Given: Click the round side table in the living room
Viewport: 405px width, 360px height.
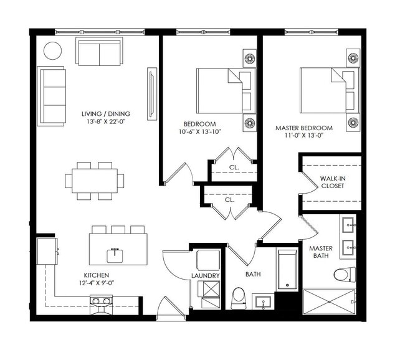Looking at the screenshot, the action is click(x=52, y=51).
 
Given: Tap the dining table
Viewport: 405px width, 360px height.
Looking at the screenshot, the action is click(x=95, y=181).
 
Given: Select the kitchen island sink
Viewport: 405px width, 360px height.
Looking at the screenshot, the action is click(x=115, y=255).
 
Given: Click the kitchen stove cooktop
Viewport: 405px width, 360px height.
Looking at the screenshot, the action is click(x=101, y=301).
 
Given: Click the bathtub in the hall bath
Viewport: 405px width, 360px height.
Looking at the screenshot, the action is click(x=287, y=269).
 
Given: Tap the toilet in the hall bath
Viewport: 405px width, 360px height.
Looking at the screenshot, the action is click(x=238, y=298).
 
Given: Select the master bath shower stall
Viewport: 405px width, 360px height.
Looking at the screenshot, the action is click(x=329, y=301).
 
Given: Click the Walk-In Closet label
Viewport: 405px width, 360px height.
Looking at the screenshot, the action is click(x=333, y=182).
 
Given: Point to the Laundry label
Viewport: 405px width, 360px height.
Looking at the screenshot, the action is click(x=206, y=275).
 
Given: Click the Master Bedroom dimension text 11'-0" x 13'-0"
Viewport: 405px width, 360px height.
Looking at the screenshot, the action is click(x=304, y=135).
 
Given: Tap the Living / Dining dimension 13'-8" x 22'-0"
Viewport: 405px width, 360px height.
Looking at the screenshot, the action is click(x=106, y=121).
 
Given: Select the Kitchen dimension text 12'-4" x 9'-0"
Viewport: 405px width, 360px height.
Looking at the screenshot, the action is click(x=97, y=283).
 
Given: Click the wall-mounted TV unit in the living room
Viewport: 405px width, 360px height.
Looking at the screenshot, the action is click(x=152, y=94).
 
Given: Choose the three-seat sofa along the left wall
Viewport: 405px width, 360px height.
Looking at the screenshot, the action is click(x=51, y=96).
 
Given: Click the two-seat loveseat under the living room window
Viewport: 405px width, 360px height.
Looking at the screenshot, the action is click(x=99, y=52).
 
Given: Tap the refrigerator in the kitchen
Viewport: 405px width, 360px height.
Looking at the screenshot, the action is click(x=47, y=251).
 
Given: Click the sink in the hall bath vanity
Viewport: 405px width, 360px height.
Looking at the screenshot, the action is click(x=263, y=301).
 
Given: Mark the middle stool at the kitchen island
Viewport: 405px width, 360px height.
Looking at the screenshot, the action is click(x=118, y=230).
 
